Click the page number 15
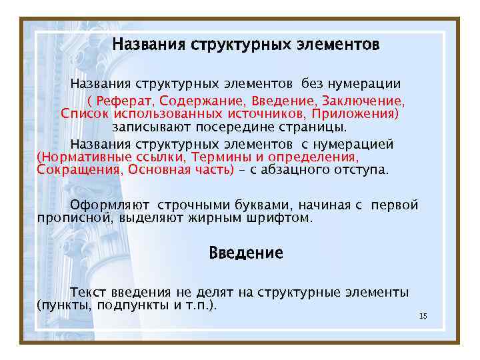(423, 315)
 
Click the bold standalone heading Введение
(245, 253)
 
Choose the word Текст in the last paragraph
(87, 293)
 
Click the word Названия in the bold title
(149, 45)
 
